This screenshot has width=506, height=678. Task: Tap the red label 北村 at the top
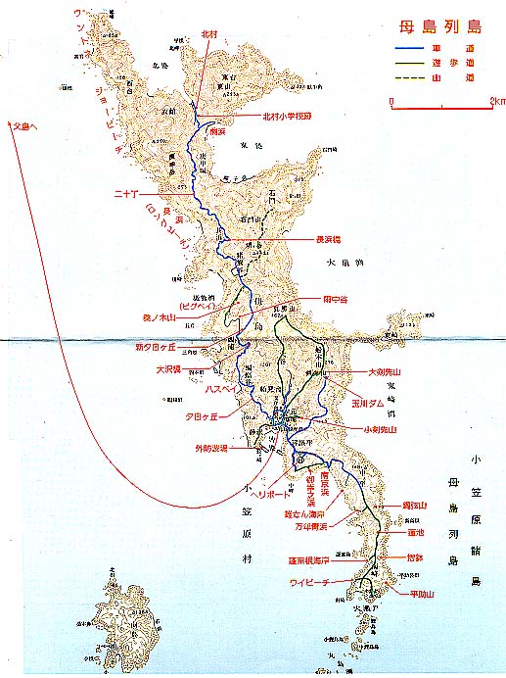pyautogui.click(x=210, y=33)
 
